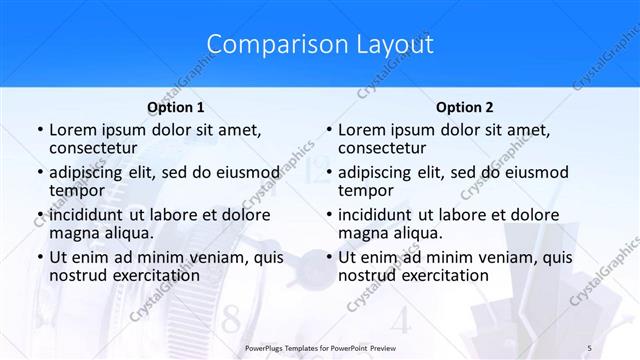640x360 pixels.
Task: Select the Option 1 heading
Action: point(176,107)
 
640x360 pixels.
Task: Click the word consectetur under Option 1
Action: point(93,149)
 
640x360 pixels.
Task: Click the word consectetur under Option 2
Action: point(383,149)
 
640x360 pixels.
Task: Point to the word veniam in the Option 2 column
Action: point(486,257)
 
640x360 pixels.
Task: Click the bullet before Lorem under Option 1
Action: point(39,131)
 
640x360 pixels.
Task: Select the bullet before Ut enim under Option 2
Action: point(329,257)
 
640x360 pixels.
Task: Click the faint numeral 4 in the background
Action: point(400,322)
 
